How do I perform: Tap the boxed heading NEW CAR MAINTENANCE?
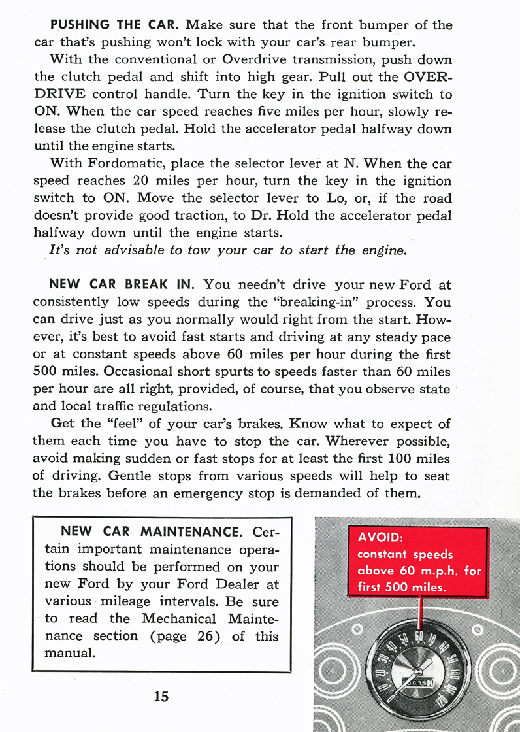point(151,531)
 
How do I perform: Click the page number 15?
point(161,696)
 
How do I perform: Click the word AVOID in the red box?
point(380,539)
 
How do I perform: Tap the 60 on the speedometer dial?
point(419,637)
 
